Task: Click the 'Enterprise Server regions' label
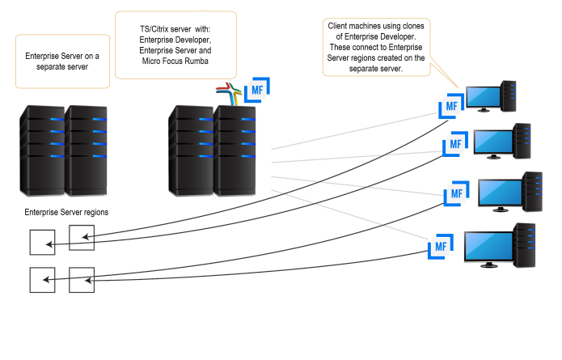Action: [68, 212]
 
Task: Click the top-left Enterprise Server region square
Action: [42, 242]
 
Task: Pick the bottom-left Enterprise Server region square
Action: [42, 279]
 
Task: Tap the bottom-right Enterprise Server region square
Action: [82, 279]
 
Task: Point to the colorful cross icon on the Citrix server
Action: [230, 93]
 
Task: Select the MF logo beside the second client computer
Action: [455, 146]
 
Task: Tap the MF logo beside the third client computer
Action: [455, 194]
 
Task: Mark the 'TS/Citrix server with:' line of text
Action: [174, 28]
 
